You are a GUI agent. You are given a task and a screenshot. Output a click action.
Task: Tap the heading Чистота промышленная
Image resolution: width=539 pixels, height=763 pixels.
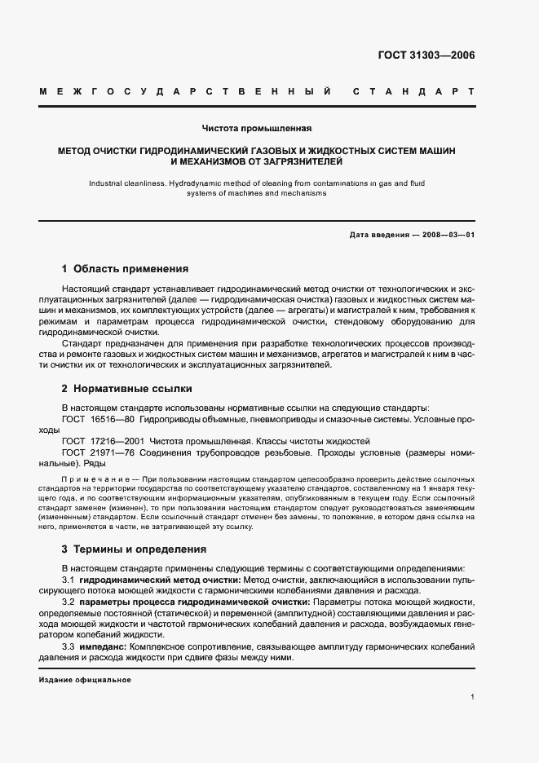257,128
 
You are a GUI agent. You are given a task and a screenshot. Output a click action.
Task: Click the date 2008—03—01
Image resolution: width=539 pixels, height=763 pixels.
448,236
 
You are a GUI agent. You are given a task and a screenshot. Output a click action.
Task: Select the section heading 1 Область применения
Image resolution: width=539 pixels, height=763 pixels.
126,268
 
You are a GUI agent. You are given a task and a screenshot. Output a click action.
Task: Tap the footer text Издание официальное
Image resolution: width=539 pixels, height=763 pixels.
85,679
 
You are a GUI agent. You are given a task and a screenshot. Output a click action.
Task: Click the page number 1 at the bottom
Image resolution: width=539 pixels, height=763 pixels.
473,697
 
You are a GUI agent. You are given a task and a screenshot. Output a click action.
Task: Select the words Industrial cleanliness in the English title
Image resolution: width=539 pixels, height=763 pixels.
126,184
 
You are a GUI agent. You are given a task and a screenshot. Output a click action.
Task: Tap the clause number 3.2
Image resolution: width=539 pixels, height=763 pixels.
68,601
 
